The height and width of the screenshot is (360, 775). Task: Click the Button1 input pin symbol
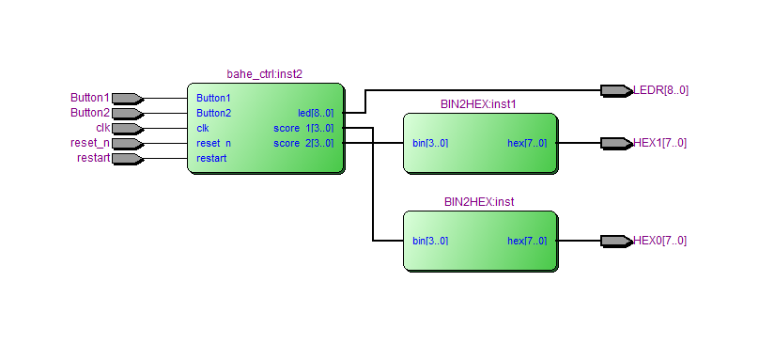click(128, 99)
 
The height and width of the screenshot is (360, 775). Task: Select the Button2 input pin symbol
click(128, 114)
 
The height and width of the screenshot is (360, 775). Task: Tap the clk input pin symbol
click(128, 129)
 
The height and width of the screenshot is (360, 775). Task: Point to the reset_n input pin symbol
click(128, 144)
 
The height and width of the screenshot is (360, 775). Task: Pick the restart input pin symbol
click(128, 159)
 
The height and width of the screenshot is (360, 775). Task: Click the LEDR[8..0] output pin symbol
click(617, 90)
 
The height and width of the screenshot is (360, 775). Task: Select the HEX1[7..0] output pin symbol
click(617, 144)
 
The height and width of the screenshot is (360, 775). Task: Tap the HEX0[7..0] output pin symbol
click(617, 242)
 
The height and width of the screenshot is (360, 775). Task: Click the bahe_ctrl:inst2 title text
click(264, 74)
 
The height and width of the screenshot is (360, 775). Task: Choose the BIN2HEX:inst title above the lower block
click(479, 202)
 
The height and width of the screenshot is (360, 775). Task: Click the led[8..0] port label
click(316, 113)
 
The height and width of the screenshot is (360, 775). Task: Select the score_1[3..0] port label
click(303, 129)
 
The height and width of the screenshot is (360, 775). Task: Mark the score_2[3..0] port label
click(303, 144)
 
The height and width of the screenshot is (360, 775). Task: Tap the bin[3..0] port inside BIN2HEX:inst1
click(430, 144)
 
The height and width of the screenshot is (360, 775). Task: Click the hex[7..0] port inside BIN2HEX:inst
click(527, 242)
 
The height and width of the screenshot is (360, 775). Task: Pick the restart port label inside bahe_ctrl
click(211, 159)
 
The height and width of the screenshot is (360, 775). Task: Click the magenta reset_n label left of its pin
click(90, 144)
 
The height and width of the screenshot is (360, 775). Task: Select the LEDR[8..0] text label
click(660, 90)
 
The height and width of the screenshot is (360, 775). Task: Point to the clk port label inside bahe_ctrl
click(203, 129)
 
